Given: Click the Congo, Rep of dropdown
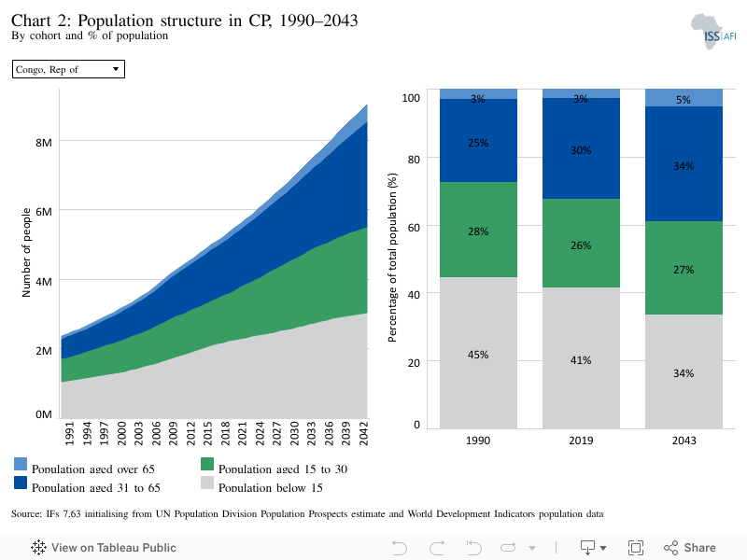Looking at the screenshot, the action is coord(68,69).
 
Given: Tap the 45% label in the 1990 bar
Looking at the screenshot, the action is coord(478,355).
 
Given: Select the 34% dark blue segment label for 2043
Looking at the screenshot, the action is coord(684,166).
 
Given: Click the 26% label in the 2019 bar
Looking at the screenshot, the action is coord(581,245).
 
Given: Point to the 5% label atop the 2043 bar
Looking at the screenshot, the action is coord(684,100).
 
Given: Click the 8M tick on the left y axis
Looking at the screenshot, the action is coord(44,143).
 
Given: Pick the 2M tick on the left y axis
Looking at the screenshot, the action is coord(44,351).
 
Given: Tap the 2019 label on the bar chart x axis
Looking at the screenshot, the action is coord(581,441).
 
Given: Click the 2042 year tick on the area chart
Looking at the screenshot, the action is coord(363,433).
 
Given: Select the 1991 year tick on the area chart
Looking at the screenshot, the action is coord(69,433).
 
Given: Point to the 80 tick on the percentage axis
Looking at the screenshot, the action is coord(414,160).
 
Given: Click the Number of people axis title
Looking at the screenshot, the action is coord(26,252).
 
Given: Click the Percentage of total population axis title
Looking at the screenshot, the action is coord(392,258).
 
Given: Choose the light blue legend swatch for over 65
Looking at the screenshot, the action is coord(21,464).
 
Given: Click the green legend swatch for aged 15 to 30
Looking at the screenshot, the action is coord(207,464).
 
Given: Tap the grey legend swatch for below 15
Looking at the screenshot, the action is coord(207,483).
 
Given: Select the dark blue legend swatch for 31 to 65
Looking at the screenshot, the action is coord(21,483).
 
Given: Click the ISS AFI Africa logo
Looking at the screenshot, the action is coord(713,32).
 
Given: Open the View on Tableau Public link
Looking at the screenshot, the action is coord(104,548).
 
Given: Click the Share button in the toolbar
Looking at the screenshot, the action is coord(689,548).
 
